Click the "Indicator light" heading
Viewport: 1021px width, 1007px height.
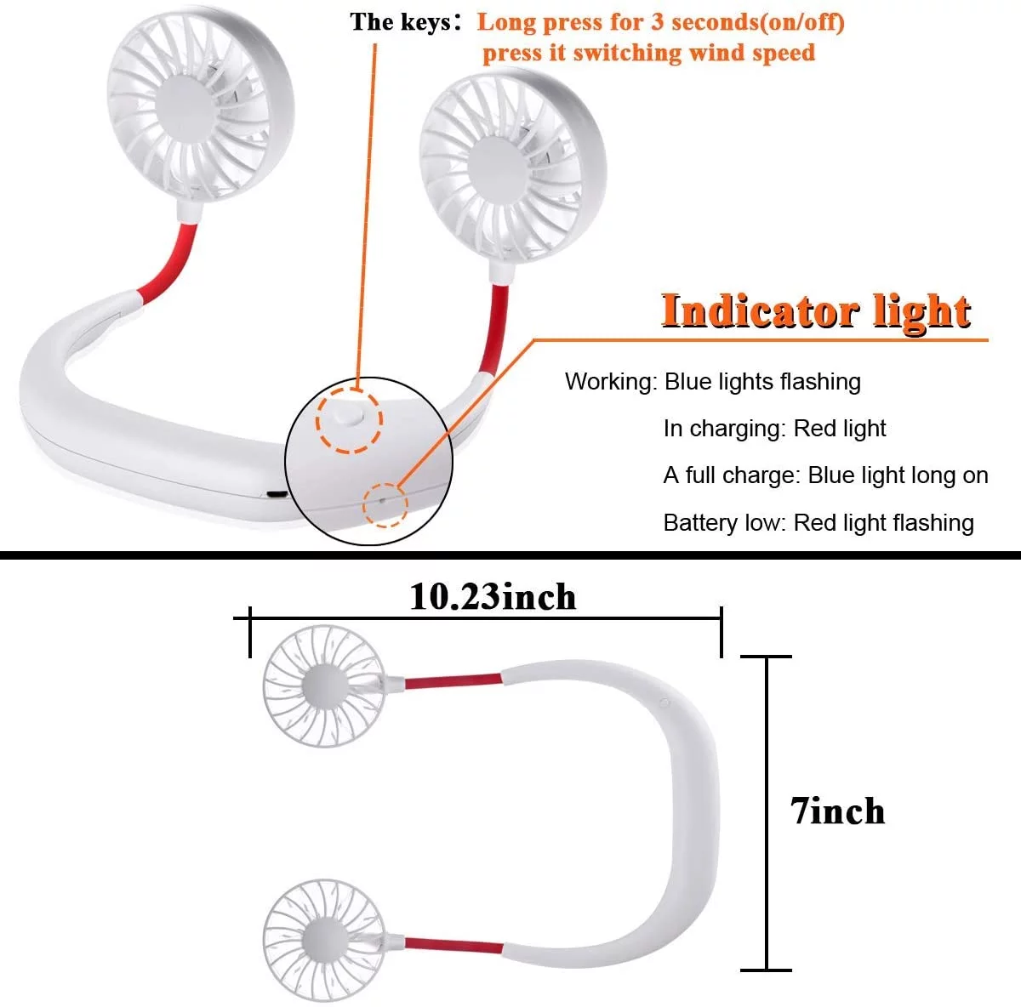816,311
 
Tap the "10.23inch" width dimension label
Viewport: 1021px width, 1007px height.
493,597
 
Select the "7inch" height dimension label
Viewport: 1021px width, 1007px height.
838,811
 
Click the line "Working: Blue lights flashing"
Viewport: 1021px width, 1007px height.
712,382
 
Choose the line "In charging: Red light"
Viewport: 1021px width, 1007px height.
774,429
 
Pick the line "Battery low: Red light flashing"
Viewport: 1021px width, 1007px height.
818,522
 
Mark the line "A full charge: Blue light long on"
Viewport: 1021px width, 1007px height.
825,475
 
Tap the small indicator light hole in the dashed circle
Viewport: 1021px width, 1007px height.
383,502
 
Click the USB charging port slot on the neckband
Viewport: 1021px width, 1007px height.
276,494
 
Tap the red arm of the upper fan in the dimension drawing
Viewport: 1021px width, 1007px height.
452,680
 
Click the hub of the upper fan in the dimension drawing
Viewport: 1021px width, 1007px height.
323,686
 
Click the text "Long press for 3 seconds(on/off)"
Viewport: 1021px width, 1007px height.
660,21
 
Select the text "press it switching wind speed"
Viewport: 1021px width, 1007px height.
648,53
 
